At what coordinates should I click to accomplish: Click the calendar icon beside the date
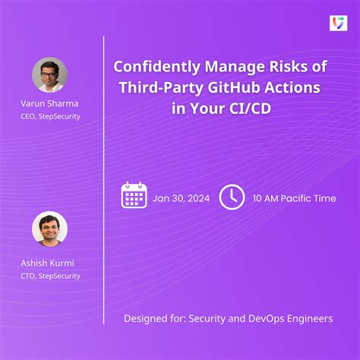coord(134,196)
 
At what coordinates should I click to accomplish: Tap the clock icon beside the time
coord(232,197)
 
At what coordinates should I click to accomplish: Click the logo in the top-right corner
coord(338,24)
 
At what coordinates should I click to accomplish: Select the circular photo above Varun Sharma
coord(50,75)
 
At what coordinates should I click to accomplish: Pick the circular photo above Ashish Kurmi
coord(50,229)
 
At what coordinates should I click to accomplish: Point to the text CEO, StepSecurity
coord(50,116)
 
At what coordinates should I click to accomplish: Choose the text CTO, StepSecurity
coord(50,276)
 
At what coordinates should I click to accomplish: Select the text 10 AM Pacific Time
coord(294,198)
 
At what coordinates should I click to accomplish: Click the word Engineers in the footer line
coord(310,317)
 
